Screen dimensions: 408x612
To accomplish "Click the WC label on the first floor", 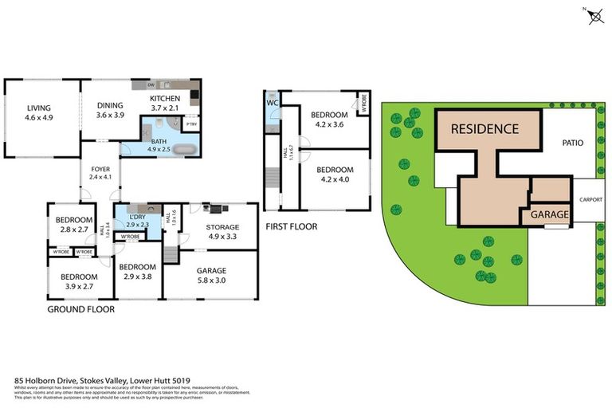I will coord(272,104).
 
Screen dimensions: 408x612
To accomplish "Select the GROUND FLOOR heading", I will coord(80,309).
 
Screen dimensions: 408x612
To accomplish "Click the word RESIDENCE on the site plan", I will coord(484,128).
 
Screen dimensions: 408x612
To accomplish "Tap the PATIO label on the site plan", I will coord(572,143).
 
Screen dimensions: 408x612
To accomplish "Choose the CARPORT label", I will coord(590,199).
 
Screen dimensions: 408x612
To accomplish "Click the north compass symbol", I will coord(590,15).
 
